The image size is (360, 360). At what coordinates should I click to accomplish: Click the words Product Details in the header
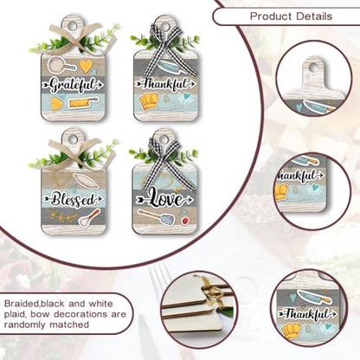coord(291,16)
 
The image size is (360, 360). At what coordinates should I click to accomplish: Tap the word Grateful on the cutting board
coord(73,85)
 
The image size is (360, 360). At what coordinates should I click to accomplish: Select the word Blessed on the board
coord(73,200)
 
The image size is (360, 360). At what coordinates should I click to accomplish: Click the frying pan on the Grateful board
coord(61,65)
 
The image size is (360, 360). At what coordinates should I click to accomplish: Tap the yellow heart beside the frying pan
coord(86,66)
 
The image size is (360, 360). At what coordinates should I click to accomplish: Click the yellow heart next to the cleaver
coord(55,104)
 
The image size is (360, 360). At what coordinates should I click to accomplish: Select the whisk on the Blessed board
coord(89,218)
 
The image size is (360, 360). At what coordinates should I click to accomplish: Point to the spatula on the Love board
coord(157,217)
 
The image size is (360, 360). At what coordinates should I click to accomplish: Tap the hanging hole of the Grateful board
coord(72,26)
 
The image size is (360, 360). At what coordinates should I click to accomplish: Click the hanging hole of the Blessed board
coord(72,139)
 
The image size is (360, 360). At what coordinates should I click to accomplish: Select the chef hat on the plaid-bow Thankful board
coord(149,102)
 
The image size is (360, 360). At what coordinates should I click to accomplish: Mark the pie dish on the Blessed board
coord(86,181)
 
